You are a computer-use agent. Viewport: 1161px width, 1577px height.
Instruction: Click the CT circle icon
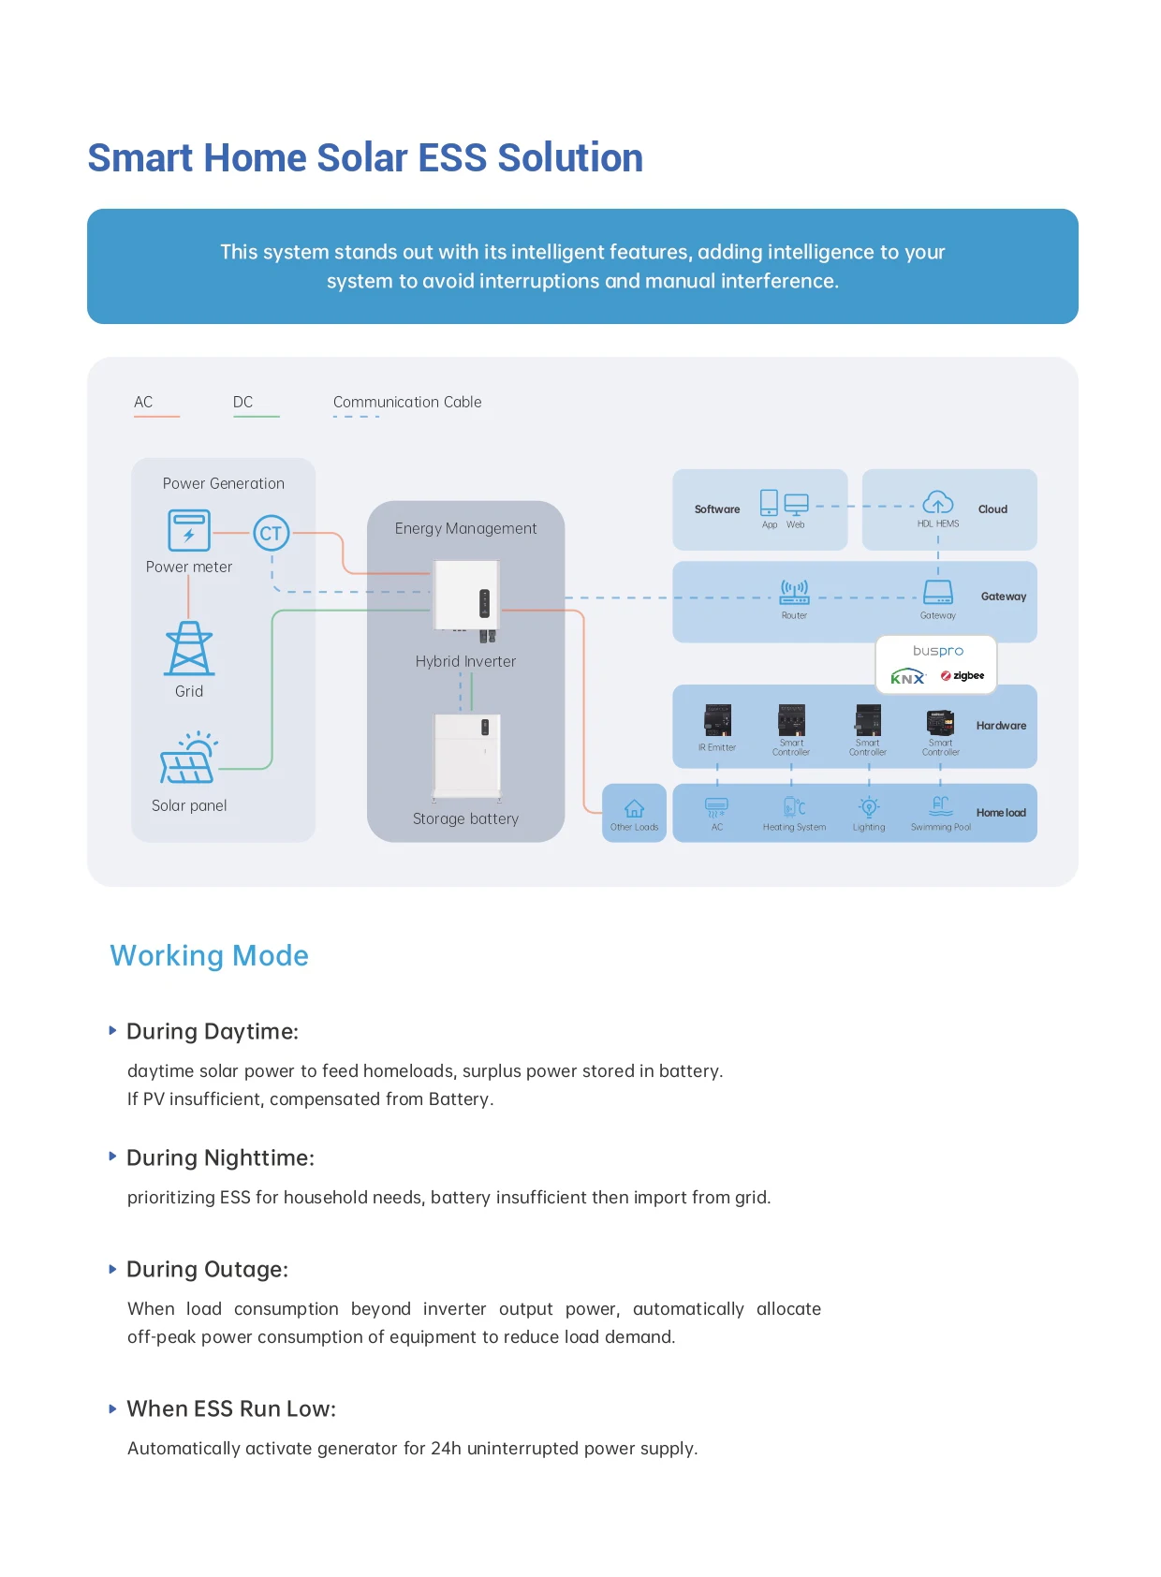click(x=271, y=533)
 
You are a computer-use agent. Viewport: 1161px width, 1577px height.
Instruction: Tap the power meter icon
click(x=189, y=531)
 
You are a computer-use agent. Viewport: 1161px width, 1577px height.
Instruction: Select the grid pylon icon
click(x=189, y=649)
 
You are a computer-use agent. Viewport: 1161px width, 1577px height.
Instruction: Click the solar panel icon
click(x=189, y=759)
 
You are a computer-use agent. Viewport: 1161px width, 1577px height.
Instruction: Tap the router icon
click(x=794, y=591)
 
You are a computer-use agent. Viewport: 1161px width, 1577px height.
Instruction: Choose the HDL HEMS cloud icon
click(x=938, y=502)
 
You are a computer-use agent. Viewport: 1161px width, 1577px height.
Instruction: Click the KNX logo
click(x=907, y=677)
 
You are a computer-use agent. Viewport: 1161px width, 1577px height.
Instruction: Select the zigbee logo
click(x=963, y=675)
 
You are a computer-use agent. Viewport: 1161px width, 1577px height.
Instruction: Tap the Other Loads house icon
click(x=634, y=808)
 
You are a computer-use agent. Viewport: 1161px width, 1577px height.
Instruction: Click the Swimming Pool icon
click(x=941, y=805)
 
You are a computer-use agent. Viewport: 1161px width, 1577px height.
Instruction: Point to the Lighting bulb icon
click(x=869, y=806)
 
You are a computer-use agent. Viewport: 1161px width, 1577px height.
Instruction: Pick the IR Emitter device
click(x=717, y=720)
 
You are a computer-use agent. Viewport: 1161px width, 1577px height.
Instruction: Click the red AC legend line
click(x=156, y=416)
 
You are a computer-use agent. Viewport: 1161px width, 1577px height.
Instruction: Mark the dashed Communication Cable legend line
click(x=356, y=416)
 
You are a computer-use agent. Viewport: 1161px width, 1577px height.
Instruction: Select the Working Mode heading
click(x=209, y=955)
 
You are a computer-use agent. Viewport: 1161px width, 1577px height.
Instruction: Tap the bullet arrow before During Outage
click(x=113, y=1269)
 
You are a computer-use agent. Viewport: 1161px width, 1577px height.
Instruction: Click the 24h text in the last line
click(x=446, y=1448)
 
